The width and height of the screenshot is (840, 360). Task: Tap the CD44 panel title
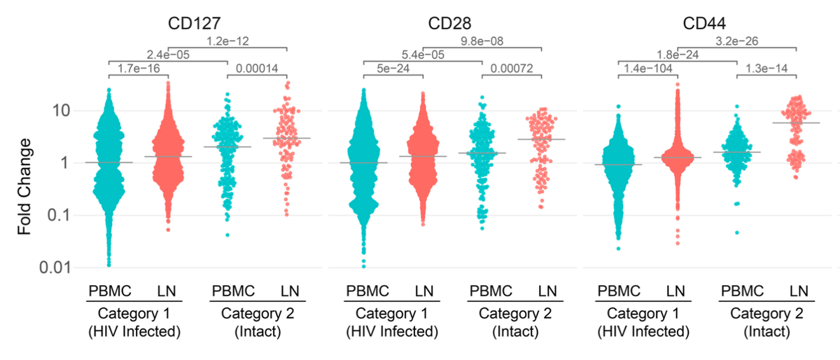pyautogui.click(x=707, y=25)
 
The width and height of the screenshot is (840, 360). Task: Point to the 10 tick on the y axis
pyautogui.click(x=59, y=111)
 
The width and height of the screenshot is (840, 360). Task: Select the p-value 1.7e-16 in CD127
pyautogui.click(x=139, y=68)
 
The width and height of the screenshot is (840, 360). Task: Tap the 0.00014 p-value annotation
pyautogui.click(x=259, y=68)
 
